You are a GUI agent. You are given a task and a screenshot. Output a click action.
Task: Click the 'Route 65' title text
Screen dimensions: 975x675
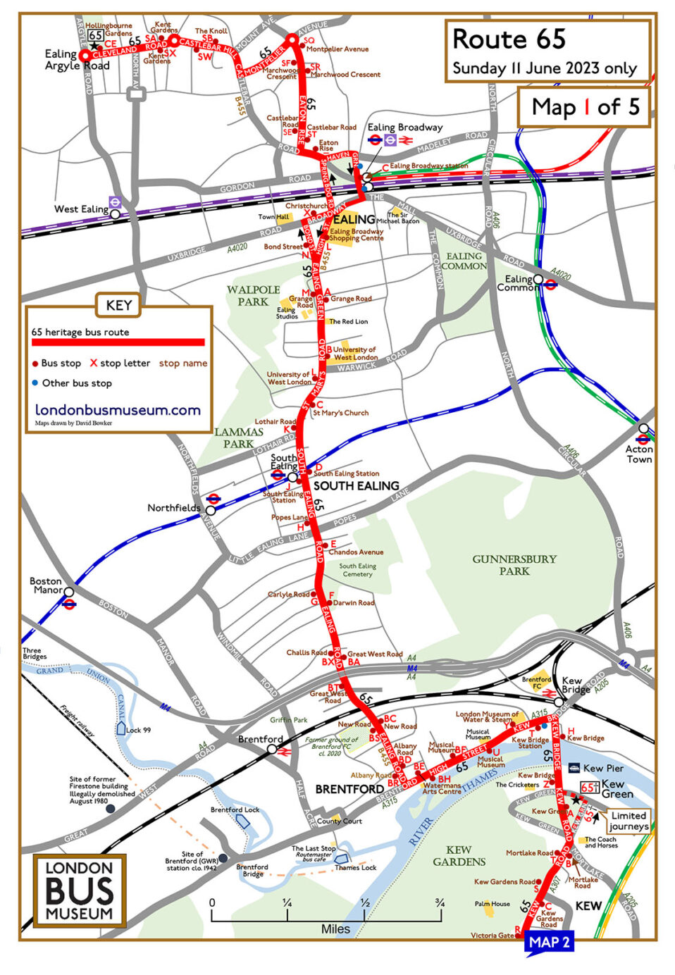click(509, 39)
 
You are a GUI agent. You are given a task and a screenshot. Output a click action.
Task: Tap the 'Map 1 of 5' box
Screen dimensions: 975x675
click(585, 107)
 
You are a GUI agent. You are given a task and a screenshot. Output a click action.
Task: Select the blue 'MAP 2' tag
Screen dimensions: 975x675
click(550, 942)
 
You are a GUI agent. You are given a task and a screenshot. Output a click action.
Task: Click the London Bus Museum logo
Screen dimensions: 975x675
click(80, 890)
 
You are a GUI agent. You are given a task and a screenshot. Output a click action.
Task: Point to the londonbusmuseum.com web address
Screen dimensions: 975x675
click(118, 410)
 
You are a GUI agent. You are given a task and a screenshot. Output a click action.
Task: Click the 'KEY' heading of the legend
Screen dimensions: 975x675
click(118, 305)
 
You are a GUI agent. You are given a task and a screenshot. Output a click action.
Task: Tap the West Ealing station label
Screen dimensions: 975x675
click(81, 209)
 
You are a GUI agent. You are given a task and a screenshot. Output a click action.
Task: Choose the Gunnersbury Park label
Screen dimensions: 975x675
click(514, 565)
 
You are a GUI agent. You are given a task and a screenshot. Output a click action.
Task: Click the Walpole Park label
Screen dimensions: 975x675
click(253, 296)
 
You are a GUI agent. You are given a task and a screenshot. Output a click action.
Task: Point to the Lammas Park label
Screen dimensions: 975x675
click(239, 437)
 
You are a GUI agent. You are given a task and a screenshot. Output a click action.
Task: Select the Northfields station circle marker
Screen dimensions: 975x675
click(210, 510)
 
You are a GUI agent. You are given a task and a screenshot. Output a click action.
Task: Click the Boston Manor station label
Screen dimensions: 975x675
click(46, 585)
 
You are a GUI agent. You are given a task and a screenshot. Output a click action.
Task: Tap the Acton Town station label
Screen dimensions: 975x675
click(639, 454)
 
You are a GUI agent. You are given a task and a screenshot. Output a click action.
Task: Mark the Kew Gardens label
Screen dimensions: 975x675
click(459, 855)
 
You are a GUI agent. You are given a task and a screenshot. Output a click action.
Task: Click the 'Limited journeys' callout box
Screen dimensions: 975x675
click(628, 821)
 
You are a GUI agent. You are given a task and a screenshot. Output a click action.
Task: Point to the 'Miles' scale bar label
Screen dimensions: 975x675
click(335, 929)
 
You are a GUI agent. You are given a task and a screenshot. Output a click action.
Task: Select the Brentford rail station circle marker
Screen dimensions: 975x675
click(272, 750)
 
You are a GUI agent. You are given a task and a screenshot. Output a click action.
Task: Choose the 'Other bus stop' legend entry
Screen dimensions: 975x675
click(77, 383)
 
